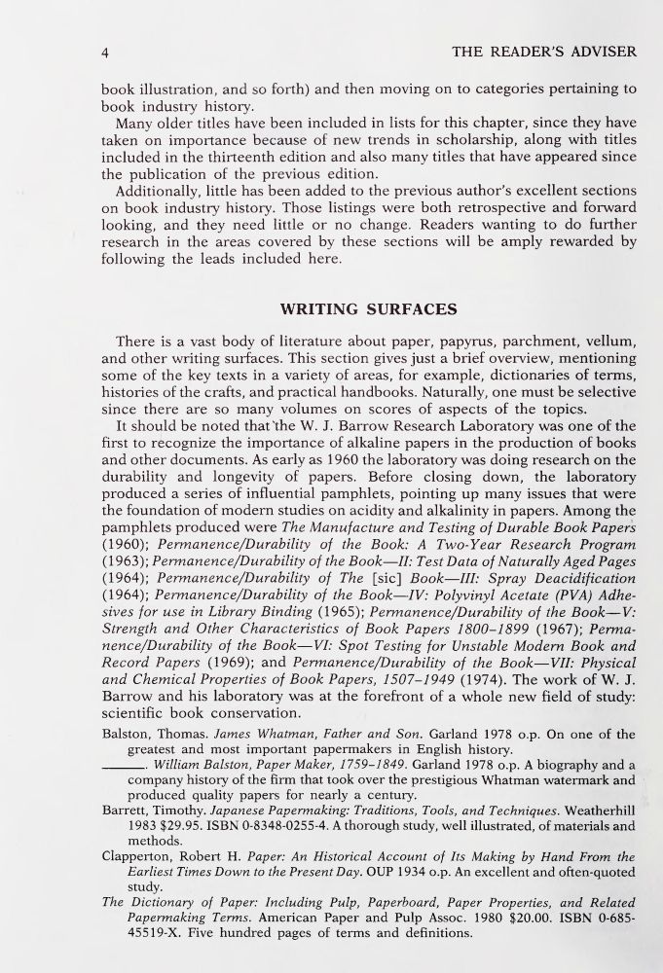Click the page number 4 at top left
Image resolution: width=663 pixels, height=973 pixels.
click(106, 51)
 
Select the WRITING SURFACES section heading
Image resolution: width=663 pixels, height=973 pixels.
click(368, 310)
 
